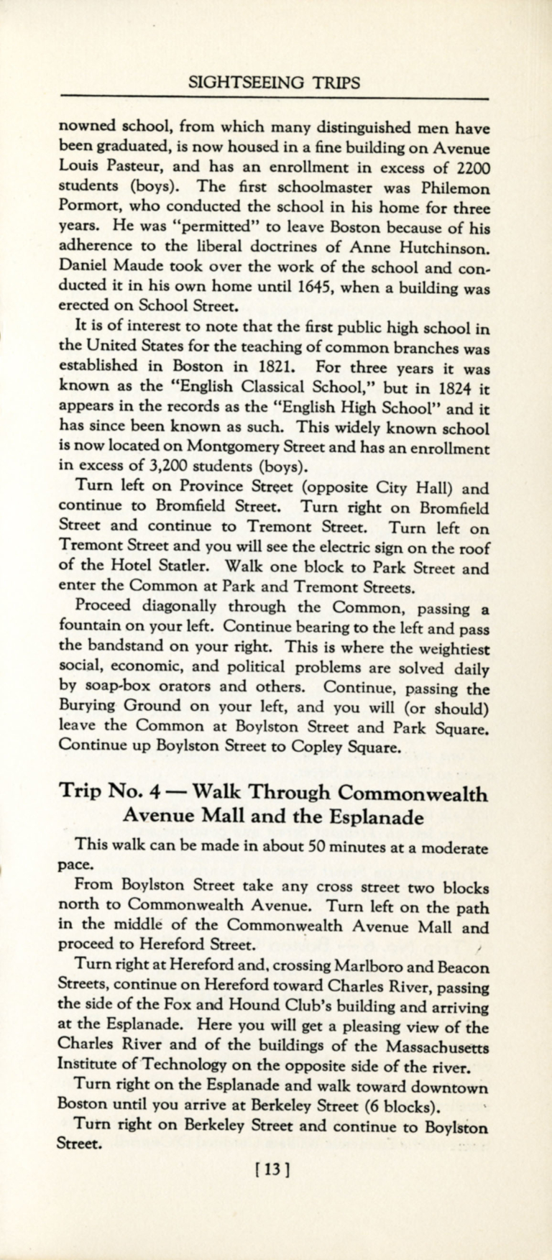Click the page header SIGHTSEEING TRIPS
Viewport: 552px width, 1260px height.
point(273,83)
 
